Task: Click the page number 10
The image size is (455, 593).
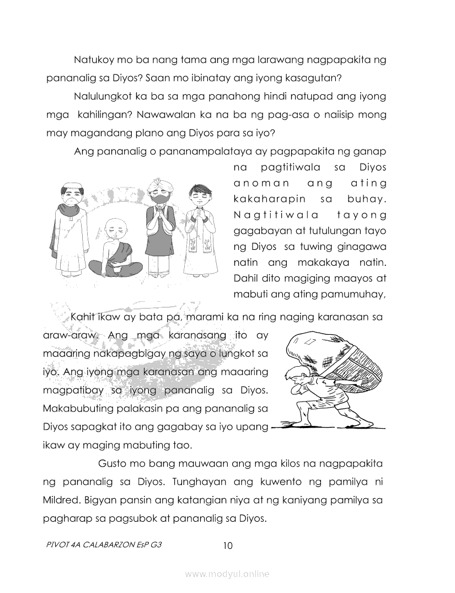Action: click(x=228, y=546)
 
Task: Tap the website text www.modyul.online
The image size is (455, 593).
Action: click(x=227, y=574)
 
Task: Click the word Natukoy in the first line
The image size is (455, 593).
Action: click(x=92, y=59)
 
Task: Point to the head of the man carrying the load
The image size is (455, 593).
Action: click(x=293, y=377)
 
